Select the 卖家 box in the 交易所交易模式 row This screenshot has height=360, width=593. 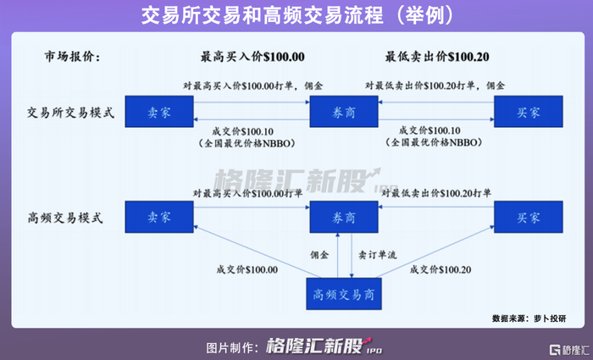[x=159, y=111]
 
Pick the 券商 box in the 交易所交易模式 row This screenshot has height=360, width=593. [x=343, y=111]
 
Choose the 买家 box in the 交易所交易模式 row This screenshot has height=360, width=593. [x=527, y=111]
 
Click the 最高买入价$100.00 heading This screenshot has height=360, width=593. [x=252, y=58]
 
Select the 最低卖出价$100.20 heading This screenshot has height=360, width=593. [x=439, y=58]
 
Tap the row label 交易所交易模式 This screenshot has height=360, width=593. [x=71, y=112]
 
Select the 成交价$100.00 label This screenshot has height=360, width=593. [x=247, y=270]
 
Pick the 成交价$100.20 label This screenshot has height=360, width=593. [x=440, y=270]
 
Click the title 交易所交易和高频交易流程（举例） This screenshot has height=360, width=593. [x=296, y=15]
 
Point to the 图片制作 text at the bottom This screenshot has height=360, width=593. [x=230, y=347]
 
